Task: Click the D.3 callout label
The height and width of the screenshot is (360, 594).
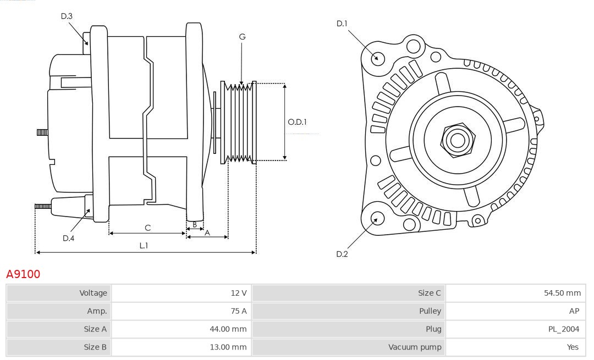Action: tap(67, 16)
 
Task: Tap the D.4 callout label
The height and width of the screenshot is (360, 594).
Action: tap(68, 238)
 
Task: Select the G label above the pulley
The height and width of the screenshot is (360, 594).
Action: tap(242, 37)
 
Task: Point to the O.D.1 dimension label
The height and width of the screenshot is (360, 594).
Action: tap(298, 122)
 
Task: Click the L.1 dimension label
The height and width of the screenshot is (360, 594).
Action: tap(144, 246)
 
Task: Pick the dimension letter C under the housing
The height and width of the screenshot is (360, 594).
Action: tap(147, 228)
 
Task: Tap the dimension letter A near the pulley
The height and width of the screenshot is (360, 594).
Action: tap(207, 232)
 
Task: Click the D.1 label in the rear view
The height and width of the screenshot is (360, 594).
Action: tap(342, 23)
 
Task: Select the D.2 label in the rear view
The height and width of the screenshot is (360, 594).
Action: tap(342, 254)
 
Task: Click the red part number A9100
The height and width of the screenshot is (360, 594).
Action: tap(23, 274)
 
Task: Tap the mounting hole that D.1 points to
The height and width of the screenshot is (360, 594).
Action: tap(378, 58)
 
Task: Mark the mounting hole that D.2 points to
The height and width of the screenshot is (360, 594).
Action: tap(376, 219)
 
